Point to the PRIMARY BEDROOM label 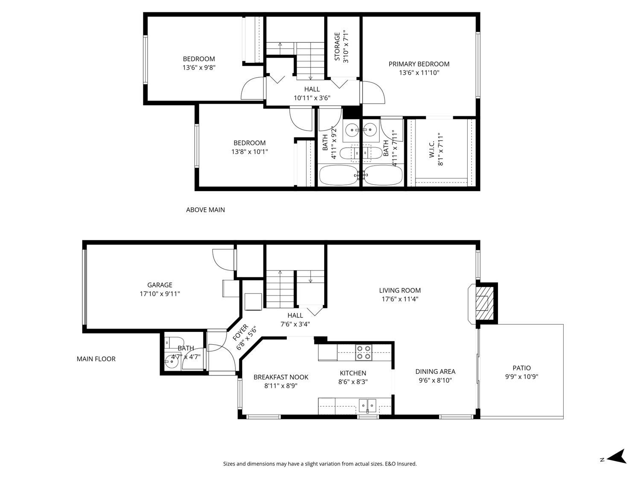point(419,64)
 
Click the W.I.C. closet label point(432,149)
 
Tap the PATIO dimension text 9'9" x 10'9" point(522,377)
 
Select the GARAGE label point(160,285)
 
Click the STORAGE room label point(337,47)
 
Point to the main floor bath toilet point(174,342)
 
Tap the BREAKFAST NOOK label point(281,377)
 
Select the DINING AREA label point(435,371)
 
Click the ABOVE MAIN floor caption point(206,210)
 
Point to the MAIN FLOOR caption point(96,359)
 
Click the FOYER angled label point(240,332)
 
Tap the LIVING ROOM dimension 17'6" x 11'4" point(400,299)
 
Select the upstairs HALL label point(312,89)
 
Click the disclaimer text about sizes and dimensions point(320,464)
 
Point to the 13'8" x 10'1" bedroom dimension point(250,151)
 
